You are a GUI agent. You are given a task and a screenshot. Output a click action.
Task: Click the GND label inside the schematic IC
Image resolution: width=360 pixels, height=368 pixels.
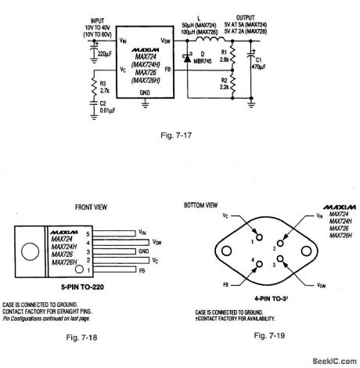[144, 92]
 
